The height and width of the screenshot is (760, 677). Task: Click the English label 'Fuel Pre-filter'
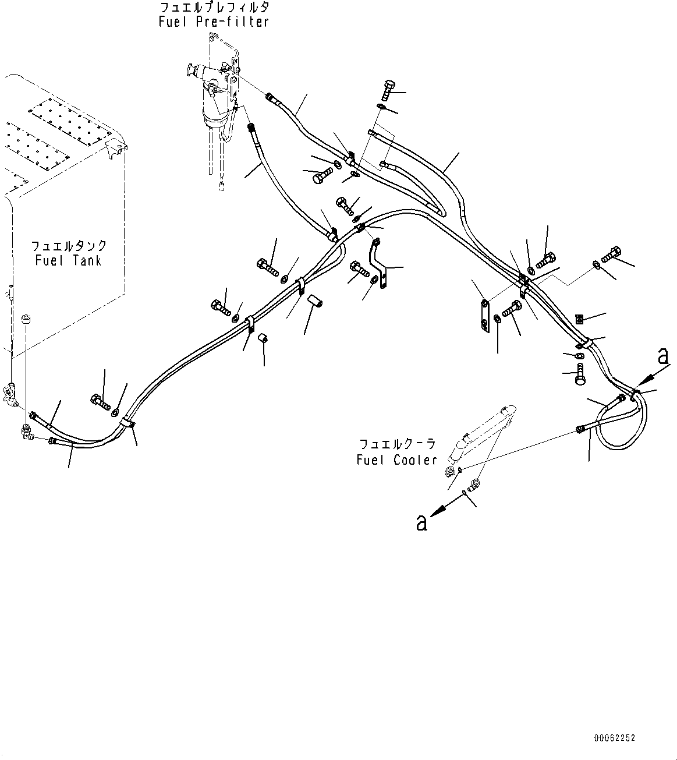tap(214, 22)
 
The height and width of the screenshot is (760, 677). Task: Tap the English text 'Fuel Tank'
tap(68, 260)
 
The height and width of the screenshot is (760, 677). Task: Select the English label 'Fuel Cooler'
tap(396, 459)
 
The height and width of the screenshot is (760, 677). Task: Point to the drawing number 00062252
tap(615, 738)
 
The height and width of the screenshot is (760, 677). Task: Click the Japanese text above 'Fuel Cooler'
tap(396, 444)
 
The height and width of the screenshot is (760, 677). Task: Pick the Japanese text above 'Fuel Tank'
tap(69, 245)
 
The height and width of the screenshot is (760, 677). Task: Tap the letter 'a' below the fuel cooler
tap(421, 522)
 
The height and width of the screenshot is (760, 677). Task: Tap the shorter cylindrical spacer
tap(263, 338)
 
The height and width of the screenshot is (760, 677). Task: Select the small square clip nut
tap(579, 318)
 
